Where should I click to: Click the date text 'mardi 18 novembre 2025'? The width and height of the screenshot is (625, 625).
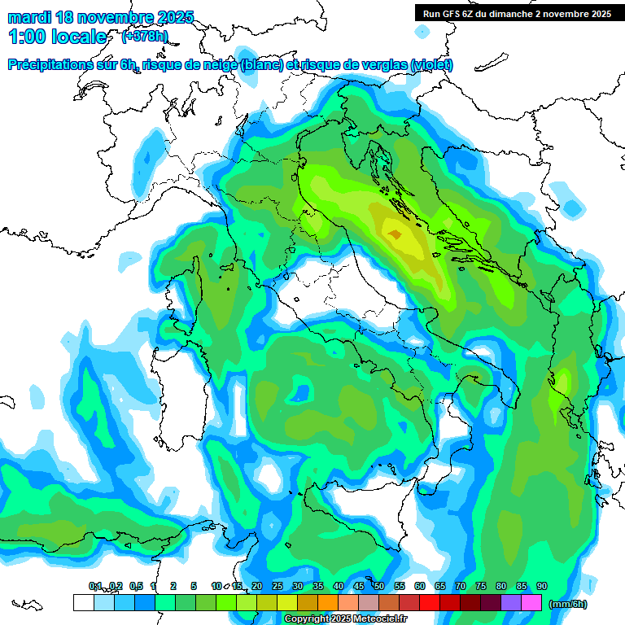(101, 17)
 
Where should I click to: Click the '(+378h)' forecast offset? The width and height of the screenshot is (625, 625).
(144, 36)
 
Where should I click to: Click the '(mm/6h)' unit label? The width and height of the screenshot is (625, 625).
(568, 604)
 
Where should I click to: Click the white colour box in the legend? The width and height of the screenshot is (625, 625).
(83, 603)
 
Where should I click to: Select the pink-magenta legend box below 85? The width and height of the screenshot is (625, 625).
(531, 603)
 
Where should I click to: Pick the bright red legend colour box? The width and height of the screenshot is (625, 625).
(429, 603)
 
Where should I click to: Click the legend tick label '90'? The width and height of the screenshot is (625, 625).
(542, 586)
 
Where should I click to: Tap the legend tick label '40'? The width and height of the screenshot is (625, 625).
(339, 586)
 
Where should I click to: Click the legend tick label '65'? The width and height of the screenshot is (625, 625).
(440, 586)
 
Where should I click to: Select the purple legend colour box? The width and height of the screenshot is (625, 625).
(511, 603)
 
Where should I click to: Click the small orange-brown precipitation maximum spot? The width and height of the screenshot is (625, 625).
(395, 234)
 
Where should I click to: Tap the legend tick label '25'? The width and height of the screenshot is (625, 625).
(278, 586)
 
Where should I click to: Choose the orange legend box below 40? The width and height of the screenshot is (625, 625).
(327, 603)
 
